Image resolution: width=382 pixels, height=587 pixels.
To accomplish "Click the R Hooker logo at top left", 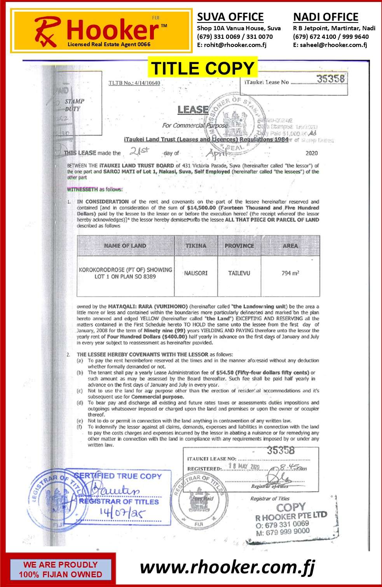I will tap(101, 31).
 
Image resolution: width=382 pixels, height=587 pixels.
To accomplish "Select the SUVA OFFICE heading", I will tap(230, 17).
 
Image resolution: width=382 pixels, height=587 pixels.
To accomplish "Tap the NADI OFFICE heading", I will tap(326, 17).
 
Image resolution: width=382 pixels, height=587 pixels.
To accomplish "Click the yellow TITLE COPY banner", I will tap(202, 68).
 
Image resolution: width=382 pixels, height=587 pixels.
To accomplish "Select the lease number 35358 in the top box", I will tap(330, 79).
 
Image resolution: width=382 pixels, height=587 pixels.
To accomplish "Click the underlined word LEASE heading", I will tap(193, 110).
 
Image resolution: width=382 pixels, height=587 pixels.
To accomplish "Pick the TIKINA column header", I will tap(196, 246).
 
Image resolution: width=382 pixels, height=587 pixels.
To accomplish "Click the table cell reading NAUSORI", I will tap(196, 273).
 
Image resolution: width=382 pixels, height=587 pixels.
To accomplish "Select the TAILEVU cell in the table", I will tap(239, 273).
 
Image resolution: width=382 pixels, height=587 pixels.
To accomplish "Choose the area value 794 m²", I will tap(290, 273).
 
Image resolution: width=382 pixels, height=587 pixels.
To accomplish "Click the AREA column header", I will tap(290, 246).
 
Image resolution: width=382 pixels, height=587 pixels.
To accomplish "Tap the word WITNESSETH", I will tap(82, 189).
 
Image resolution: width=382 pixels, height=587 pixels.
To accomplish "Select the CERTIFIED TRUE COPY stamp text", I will tap(117, 476).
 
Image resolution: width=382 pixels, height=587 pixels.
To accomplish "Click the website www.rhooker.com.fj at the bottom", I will tap(227, 567).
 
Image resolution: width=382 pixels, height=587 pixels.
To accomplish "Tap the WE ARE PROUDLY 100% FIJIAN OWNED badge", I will tap(60, 570).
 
